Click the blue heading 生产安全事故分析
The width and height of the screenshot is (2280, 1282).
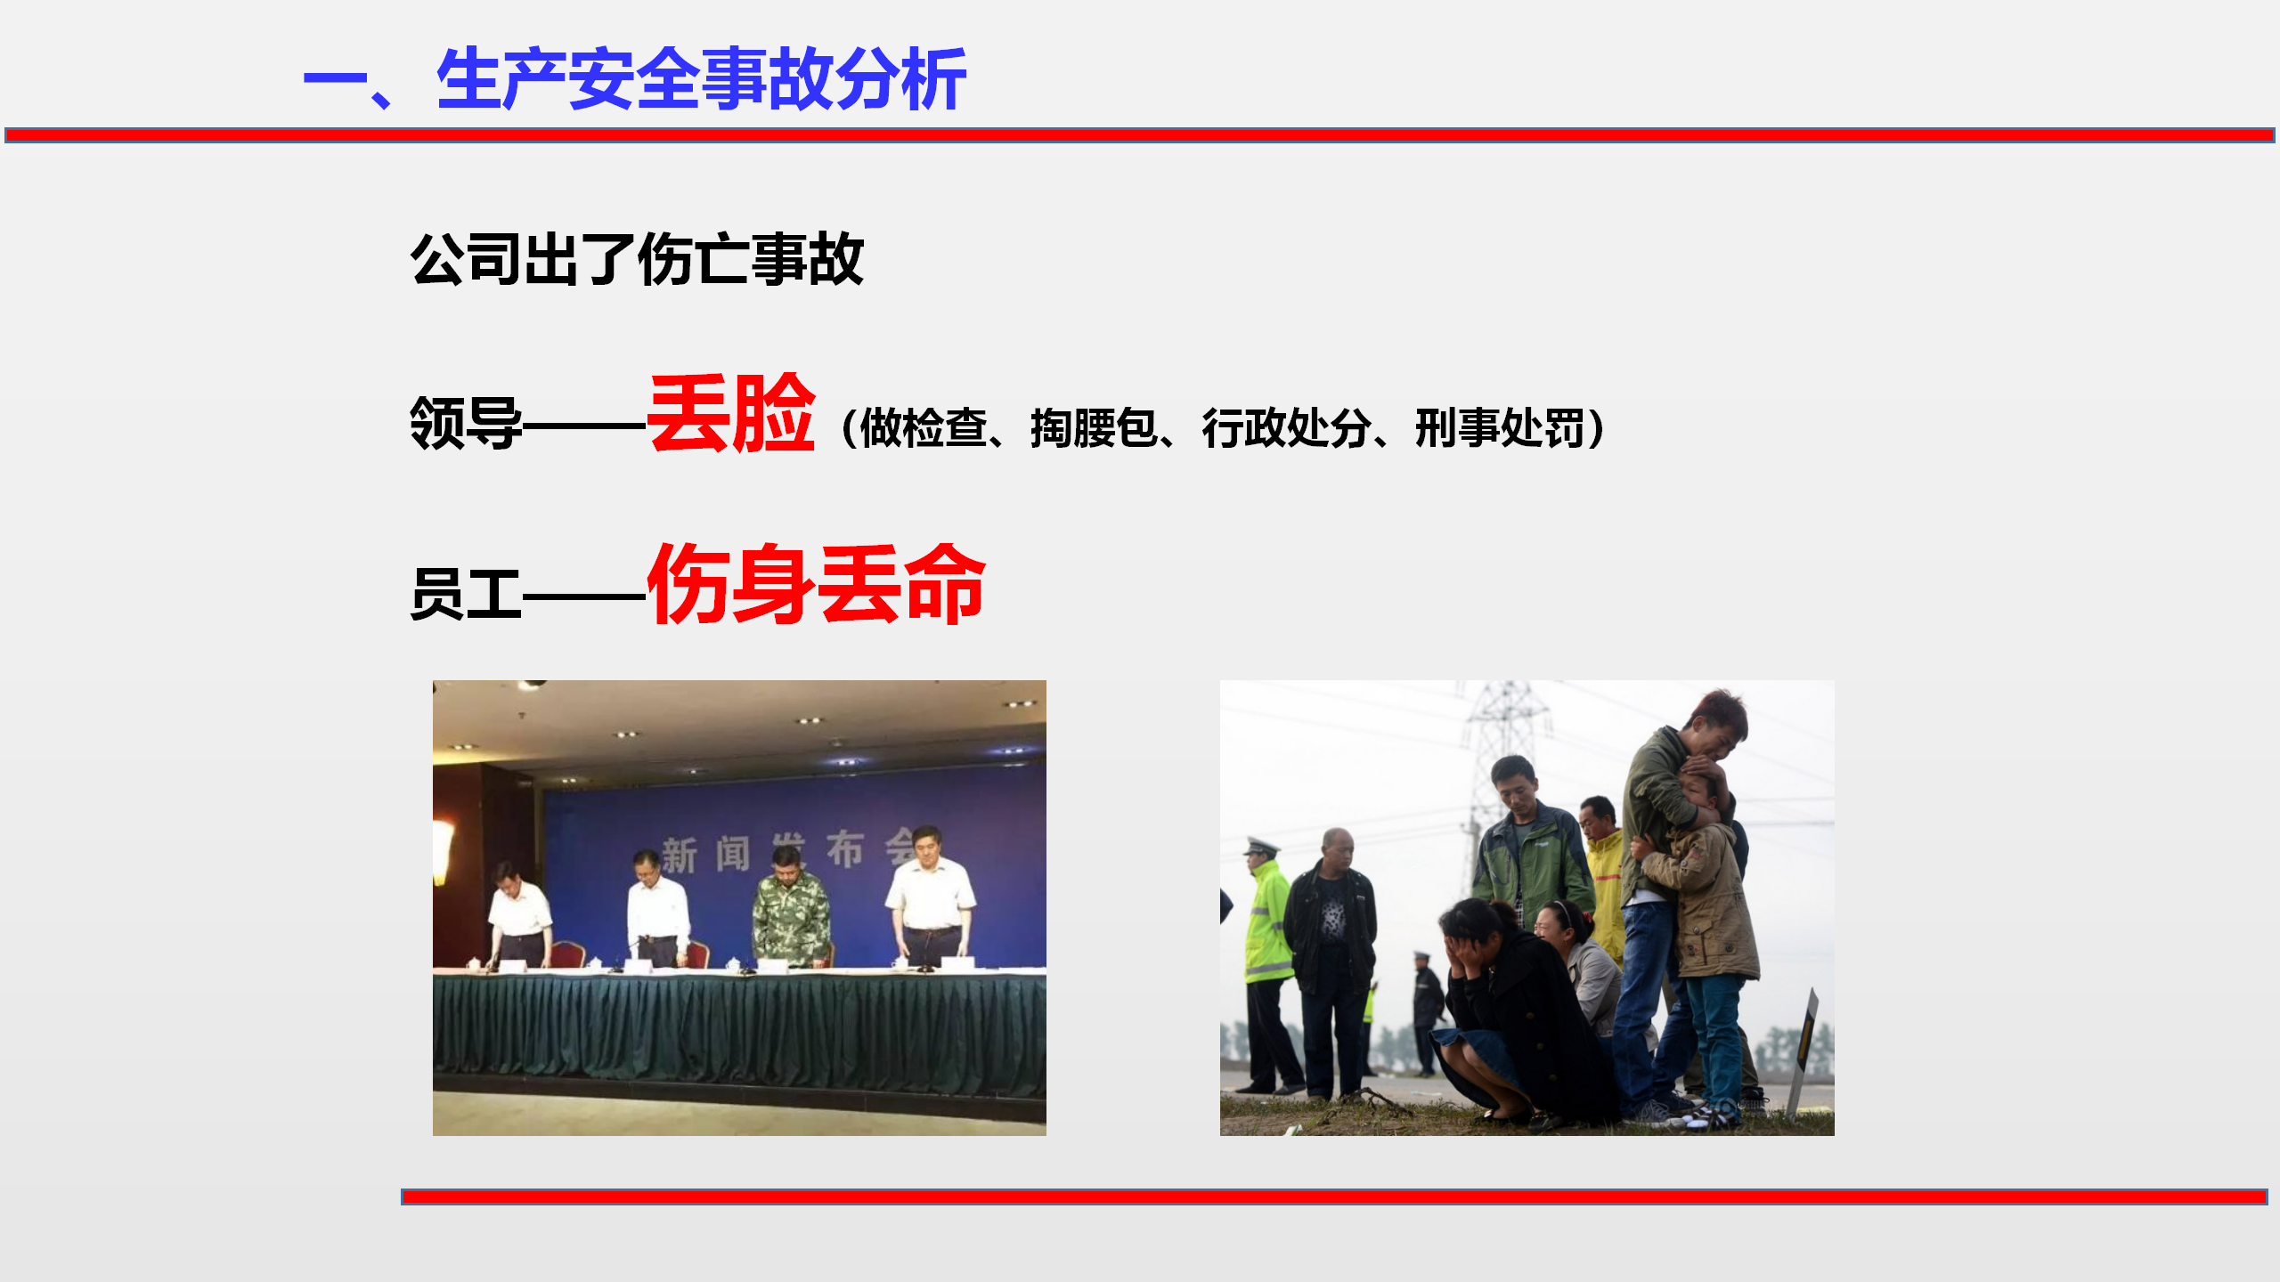point(701,80)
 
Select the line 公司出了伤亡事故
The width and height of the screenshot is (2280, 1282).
point(637,259)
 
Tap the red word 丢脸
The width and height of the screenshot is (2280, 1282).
point(731,414)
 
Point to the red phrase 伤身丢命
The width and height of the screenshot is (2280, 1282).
point(816,583)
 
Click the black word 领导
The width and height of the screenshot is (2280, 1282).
point(466,423)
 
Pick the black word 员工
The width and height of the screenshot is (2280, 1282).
point(466,593)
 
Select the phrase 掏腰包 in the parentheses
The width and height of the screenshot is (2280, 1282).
point(1094,428)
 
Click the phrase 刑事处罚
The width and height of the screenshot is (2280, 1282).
point(1500,428)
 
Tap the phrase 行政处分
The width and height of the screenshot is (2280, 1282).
point(1286,428)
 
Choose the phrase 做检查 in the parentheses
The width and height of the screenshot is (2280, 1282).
point(924,428)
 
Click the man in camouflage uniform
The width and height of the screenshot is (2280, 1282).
point(791,908)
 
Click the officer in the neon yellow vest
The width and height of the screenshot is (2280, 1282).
point(1268,966)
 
